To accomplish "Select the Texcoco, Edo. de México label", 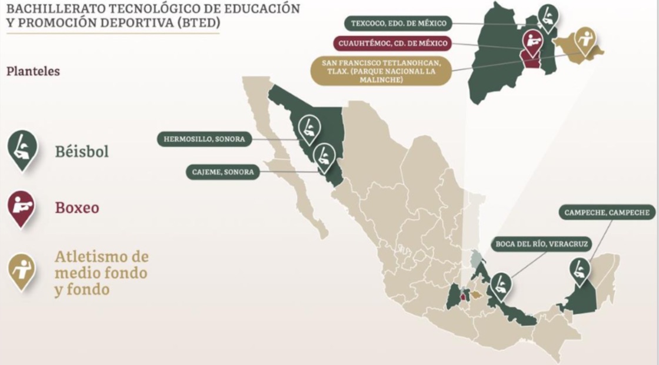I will pos(398,24).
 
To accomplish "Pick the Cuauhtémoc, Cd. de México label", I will pos(392,44).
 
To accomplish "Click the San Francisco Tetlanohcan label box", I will pos(381,71).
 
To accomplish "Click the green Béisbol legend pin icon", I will pos(22,149).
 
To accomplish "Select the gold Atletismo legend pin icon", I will pos(22,270).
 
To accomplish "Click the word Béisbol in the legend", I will pos(82,151).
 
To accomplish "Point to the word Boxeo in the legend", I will pos(76,208).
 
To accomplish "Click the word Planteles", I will pos(33,71).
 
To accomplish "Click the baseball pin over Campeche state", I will pos(580,271).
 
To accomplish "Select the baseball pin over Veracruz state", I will pos(501,285).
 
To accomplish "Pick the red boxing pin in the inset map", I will pos(534,42).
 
